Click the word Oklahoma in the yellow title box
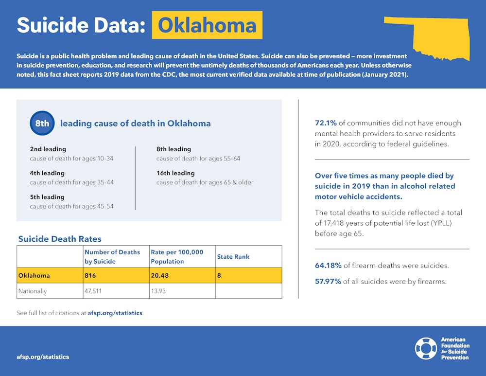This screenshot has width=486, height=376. (207, 25)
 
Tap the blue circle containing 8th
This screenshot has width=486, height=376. (42, 124)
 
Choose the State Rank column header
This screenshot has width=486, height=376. (233, 257)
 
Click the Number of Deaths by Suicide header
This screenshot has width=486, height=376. (112, 257)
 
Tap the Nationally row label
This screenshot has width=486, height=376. (33, 291)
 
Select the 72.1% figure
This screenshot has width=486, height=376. (326, 123)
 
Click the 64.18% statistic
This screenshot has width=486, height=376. (328, 266)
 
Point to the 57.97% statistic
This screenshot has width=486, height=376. (328, 281)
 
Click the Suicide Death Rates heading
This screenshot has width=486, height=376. (60, 239)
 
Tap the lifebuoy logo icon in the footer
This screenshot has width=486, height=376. (426, 348)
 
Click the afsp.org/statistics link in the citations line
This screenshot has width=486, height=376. (115, 313)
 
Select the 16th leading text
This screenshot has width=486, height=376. (175, 173)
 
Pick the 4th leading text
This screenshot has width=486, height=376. (47, 173)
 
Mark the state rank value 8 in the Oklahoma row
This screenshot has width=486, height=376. (219, 276)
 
